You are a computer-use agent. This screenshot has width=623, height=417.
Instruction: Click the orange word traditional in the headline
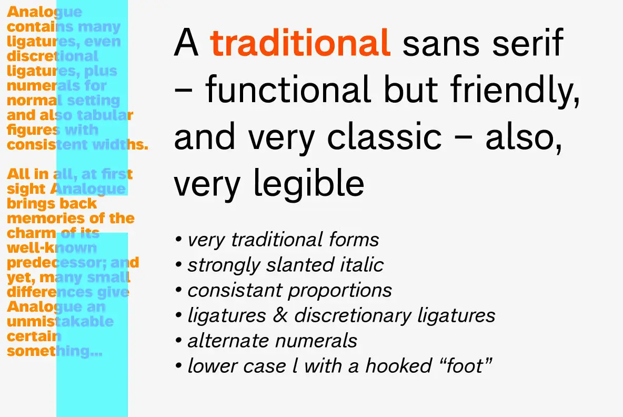(x=300, y=43)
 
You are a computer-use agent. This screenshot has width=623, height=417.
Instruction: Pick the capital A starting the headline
(x=186, y=43)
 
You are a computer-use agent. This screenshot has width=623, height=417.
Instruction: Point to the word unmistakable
(x=60, y=321)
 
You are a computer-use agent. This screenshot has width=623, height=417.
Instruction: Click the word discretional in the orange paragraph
(x=53, y=56)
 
